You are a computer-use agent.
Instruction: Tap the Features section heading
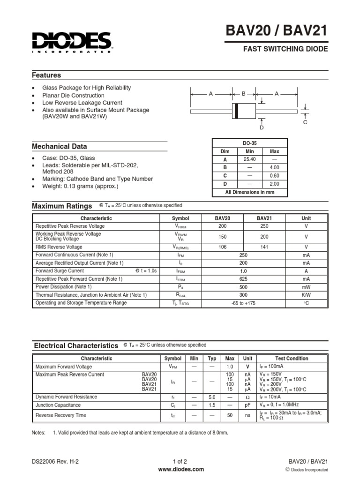tap(46, 75)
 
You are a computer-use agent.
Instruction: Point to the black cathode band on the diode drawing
tap(237, 111)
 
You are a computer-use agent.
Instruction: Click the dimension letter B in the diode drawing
tap(243, 94)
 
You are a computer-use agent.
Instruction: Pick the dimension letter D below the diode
tap(262, 127)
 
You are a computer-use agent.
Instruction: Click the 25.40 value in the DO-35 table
tap(249, 160)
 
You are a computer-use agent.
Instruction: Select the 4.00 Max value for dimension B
tap(274, 167)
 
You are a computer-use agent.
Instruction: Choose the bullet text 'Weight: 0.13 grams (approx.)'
tap(80, 186)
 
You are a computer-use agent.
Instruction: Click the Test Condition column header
tap(292, 359)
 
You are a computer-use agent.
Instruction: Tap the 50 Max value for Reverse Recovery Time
tap(230, 415)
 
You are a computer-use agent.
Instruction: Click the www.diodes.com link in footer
tap(180, 469)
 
